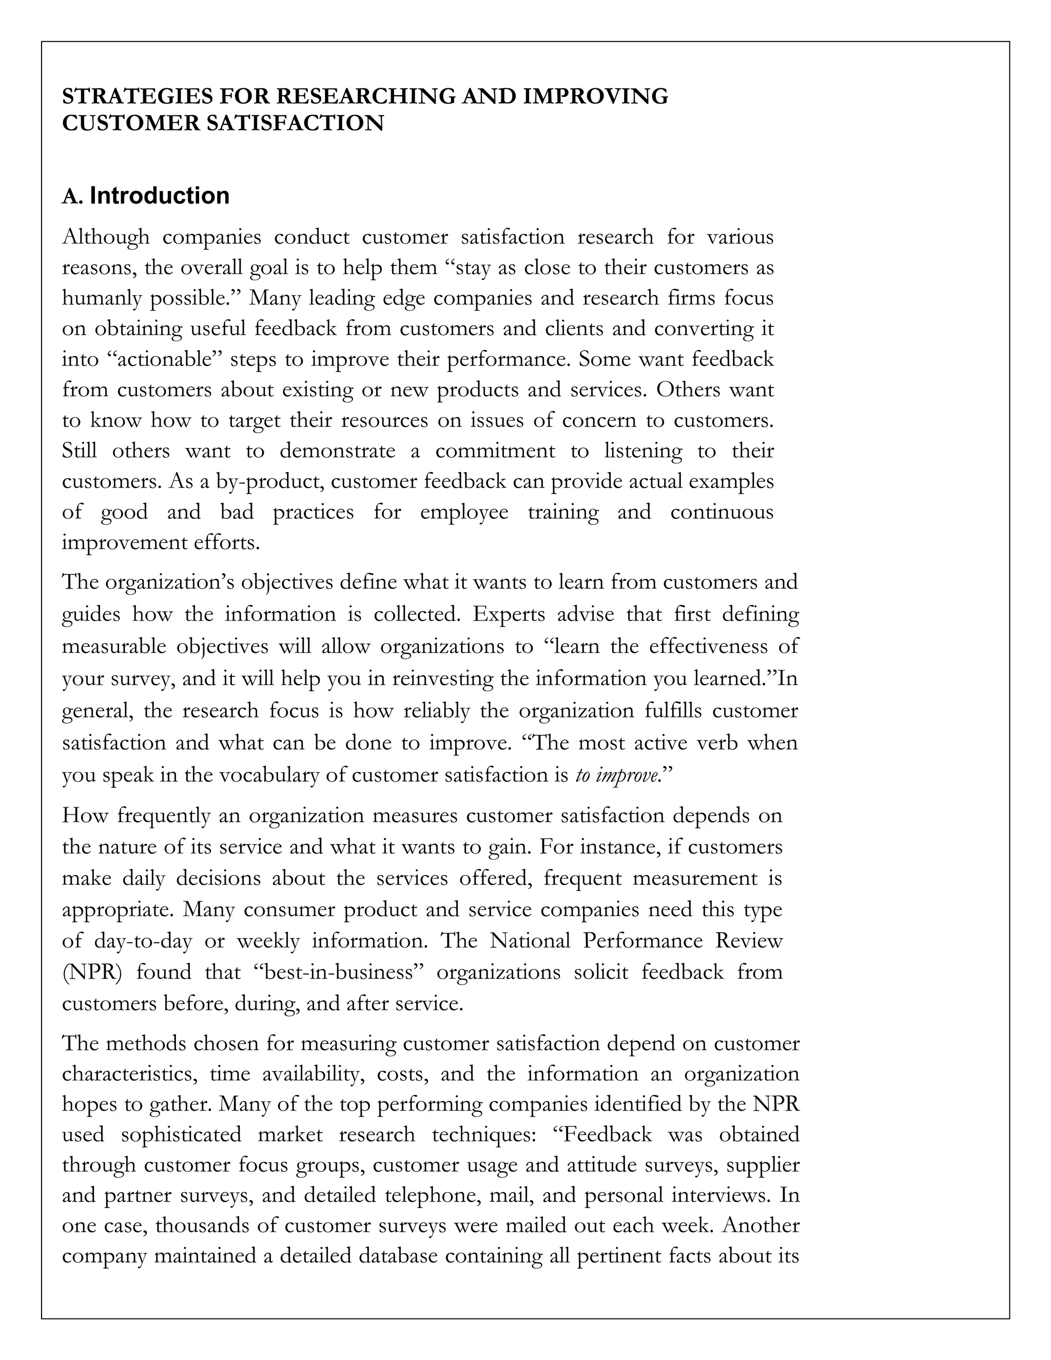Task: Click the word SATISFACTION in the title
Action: (x=295, y=123)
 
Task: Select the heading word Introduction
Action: (x=160, y=196)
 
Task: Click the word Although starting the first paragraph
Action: (x=106, y=237)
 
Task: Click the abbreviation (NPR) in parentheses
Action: (x=91, y=972)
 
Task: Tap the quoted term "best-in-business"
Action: (x=338, y=972)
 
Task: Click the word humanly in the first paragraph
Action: (x=102, y=298)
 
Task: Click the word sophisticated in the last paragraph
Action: (x=181, y=1134)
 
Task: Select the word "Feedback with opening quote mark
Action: (x=602, y=1134)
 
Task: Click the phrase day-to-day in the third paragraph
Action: (x=143, y=941)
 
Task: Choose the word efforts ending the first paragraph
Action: (x=227, y=542)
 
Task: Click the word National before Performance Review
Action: (x=530, y=941)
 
